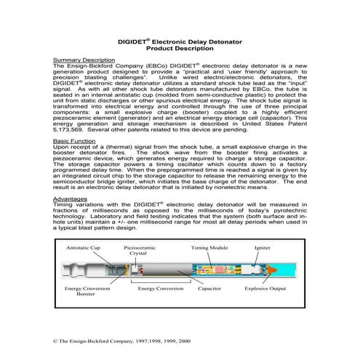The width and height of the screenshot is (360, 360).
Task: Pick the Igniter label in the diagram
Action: pos(262,248)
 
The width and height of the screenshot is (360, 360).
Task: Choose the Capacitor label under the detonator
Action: pos(212,289)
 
